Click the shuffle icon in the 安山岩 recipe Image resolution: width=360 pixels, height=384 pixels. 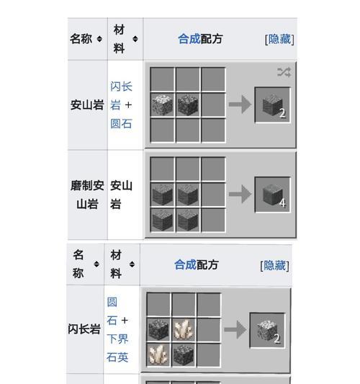(x=284, y=72)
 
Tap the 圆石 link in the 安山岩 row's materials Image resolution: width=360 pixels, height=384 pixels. (x=120, y=123)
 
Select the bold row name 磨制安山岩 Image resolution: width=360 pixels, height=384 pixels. (x=87, y=195)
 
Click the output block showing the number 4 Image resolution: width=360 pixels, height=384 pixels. (x=273, y=195)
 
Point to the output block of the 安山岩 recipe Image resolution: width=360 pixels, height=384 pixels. (x=273, y=105)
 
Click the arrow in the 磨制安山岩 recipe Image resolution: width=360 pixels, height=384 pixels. (x=239, y=195)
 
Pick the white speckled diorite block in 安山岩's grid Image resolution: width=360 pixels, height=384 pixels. (x=163, y=105)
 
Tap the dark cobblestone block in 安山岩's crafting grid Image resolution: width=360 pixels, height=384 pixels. (x=189, y=105)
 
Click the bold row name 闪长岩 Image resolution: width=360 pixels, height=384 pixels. (x=84, y=330)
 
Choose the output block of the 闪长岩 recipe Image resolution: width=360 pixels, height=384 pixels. (x=268, y=330)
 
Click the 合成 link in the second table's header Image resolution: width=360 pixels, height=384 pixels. (x=184, y=264)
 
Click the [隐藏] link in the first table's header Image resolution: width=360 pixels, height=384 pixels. (x=279, y=39)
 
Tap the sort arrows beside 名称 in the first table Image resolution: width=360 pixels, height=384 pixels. (x=99, y=39)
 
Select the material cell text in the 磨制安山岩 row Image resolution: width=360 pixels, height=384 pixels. (x=120, y=195)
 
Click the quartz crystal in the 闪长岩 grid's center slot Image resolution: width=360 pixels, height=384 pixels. (x=184, y=330)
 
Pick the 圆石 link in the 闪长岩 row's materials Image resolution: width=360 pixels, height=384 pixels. (x=112, y=311)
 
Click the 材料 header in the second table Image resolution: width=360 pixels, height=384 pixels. (x=115, y=264)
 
